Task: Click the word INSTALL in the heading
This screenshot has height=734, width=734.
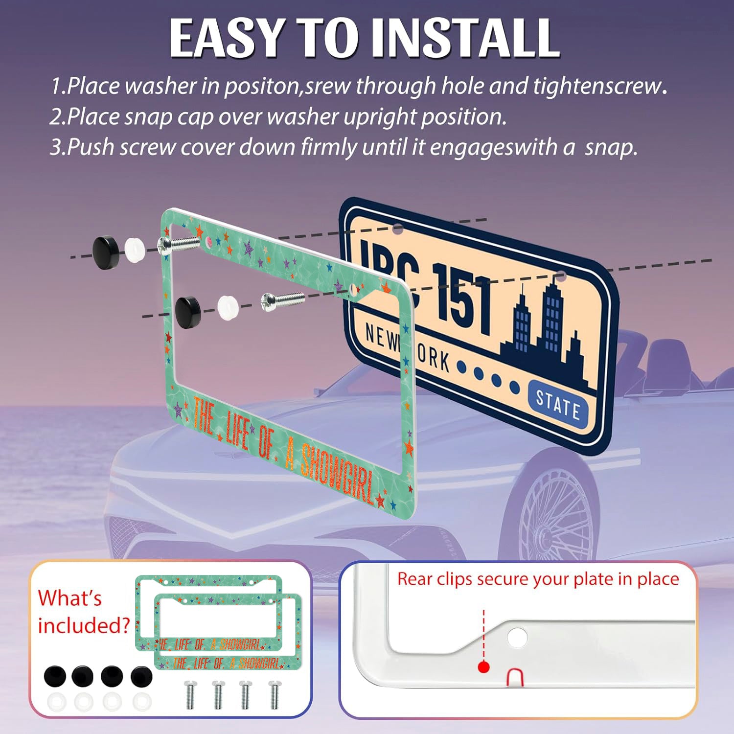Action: (465, 38)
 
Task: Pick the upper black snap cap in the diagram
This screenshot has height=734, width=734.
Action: (106, 252)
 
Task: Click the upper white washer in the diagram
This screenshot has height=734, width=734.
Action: (137, 250)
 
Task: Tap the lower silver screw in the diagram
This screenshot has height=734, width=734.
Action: (282, 300)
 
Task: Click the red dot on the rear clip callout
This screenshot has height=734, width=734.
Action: (484, 667)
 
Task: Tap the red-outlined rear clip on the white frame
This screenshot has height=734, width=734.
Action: (514, 677)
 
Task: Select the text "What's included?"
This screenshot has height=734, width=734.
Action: (84, 612)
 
